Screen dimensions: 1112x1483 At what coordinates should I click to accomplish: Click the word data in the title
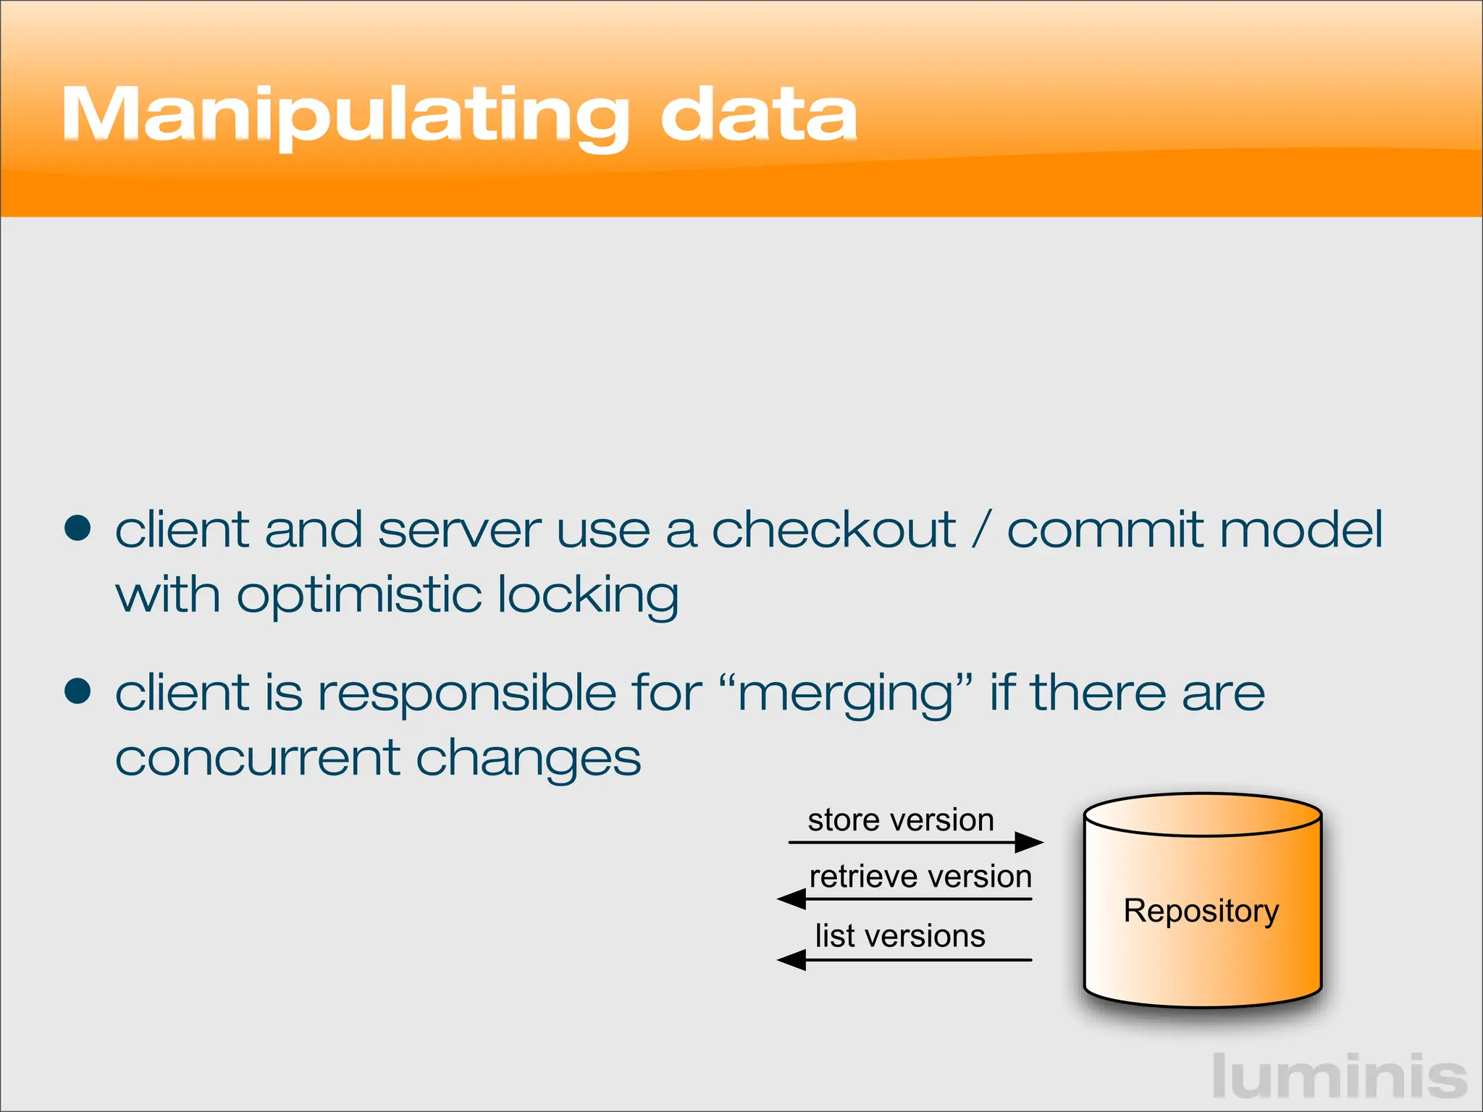[x=758, y=114]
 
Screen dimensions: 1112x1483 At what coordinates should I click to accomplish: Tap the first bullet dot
[x=77, y=528]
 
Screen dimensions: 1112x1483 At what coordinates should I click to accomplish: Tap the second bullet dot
[x=77, y=691]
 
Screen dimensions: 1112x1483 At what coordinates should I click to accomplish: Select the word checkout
[x=833, y=529]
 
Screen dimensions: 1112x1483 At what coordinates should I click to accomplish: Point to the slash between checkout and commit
[x=981, y=529]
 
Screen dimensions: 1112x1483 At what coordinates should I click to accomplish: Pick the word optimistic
[x=359, y=595]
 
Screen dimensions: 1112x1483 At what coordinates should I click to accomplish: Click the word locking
[x=588, y=595]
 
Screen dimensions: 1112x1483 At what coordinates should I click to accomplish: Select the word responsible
[x=468, y=693]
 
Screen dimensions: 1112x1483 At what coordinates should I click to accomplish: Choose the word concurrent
[x=258, y=758]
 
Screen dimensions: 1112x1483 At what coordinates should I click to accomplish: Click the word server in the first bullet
[x=459, y=529]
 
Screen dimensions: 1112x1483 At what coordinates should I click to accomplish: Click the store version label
[x=901, y=820]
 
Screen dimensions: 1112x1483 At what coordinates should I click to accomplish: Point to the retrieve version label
[x=920, y=877]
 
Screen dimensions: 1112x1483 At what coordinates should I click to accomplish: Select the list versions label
[x=900, y=936]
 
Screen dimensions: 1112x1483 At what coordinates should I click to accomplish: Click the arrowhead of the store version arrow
[x=1030, y=842]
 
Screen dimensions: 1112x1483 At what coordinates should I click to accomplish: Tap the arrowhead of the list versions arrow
[x=791, y=960]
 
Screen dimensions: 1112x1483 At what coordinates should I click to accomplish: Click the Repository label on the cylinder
[x=1201, y=911]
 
